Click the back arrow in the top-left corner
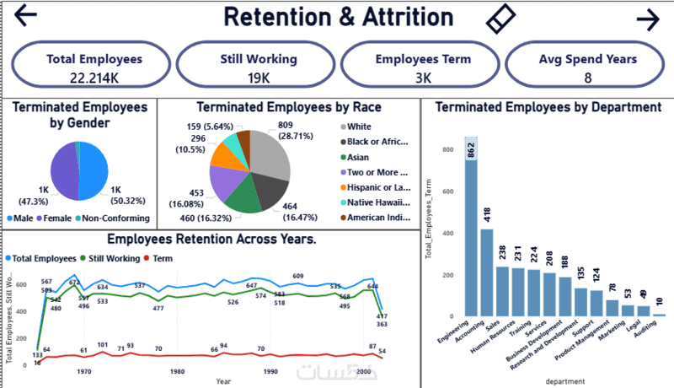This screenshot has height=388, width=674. pyautogui.click(x=26, y=17)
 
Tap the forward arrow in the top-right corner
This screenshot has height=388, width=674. pyautogui.click(x=647, y=19)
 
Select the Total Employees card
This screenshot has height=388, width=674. pyautogui.click(x=94, y=67)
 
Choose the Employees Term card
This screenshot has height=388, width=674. pyautogui.click(x=423, y=67)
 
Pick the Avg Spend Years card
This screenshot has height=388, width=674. pyautogui.click(x=587, y=67)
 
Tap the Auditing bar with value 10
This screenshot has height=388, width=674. pyautogui.click(x=659, y=315)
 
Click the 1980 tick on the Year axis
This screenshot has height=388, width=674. pyautogui.click(x=177, y=371)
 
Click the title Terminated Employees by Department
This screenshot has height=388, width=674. pyautogui.click(x=548, y=107)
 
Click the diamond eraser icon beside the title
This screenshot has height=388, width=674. pyautogui.click(x=500, y=18)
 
